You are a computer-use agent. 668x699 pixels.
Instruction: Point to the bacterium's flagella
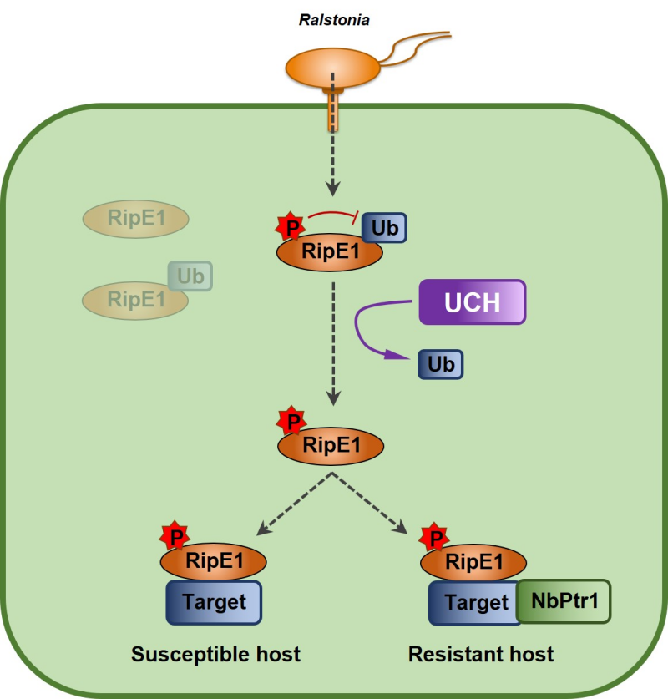[x=417, y=46]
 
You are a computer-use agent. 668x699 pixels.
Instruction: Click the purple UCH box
[x=472, y=301]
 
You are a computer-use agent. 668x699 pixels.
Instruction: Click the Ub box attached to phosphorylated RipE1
[x=383, y=226]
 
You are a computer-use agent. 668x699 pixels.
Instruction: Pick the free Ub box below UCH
[x=440, y=365]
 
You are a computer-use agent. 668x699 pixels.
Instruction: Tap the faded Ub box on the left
[x=190, y=276]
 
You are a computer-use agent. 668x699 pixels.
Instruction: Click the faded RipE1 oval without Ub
[x=135, y=219]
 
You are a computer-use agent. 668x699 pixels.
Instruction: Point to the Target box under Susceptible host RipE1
[x=214, y=602]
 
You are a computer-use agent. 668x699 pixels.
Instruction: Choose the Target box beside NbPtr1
[x=472, y=602]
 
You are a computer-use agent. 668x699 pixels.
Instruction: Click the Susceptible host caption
[x=215, y=654]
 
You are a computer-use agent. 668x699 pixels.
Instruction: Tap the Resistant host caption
[x=481, y=654]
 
